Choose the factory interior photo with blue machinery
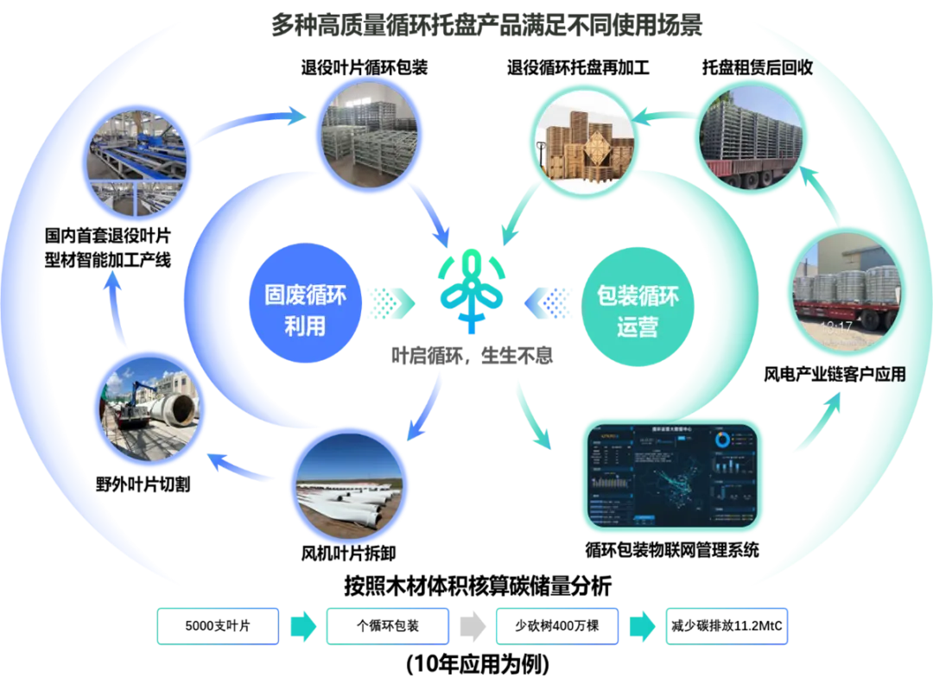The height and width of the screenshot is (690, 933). (136, 161)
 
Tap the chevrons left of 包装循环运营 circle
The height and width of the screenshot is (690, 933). (547, 303)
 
